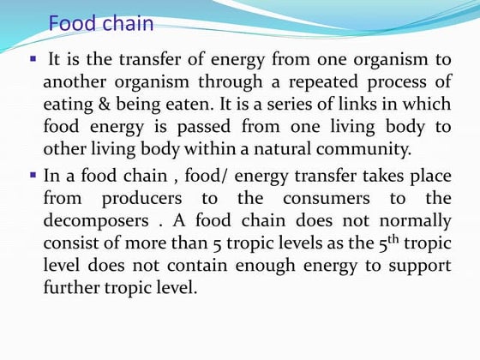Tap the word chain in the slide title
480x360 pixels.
tap(125, 23)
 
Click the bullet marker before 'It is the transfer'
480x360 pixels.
tap(33, 60)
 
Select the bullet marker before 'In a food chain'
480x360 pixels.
tap(33, 174)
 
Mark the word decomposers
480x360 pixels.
tap(95, 220)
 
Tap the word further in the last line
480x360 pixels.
tap(74, 288)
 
